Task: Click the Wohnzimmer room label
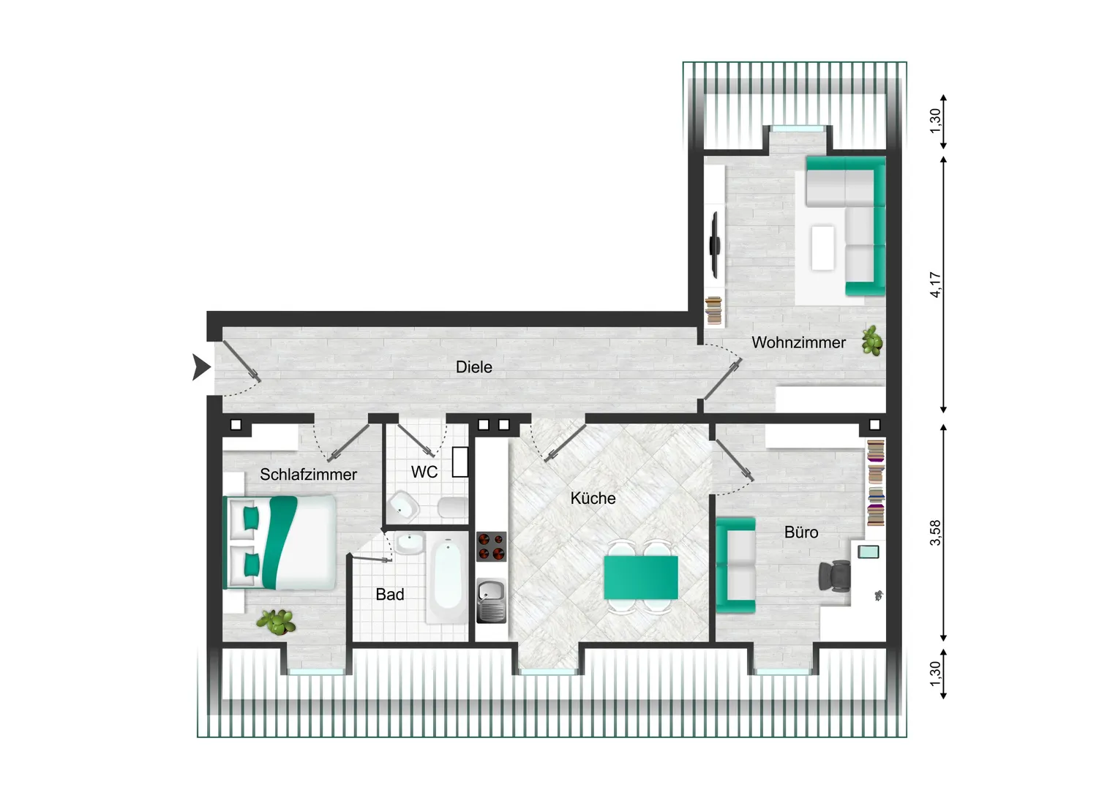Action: click(x=798, y=342)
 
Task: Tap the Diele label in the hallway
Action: click(x=473, y=366)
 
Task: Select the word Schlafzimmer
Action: click(x=309, y=474)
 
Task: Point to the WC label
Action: click(x=424, y=472)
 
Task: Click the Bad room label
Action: click(x=390, y=594)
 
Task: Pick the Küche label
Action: click(x=593, y=497)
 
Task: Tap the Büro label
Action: click(x=801, y=532)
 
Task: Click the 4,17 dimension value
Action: click(x=935, y=285)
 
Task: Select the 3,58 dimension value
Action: click(x=935, y=533)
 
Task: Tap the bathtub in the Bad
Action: click(x=447, y=581)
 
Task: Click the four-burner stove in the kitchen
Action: click(x=491, y=546)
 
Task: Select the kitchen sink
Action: click(x=491, y=601)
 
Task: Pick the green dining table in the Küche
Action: click(x=641, y=577)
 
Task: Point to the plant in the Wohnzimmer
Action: click(x=872, y=340)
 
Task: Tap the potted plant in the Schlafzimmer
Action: click(x=276, y=622)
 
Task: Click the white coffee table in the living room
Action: click(x=822, y=248)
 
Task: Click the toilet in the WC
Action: click(x=452, y=508)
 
